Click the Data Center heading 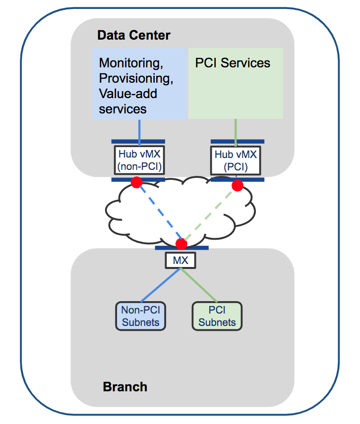[133, 35]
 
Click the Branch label [125, 386]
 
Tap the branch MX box [180, 260]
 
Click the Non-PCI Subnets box [140, 316]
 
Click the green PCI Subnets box [217, 316]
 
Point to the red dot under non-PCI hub [136, 183]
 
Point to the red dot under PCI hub [238, 186]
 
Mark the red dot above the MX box [181, 244]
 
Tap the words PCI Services [233, 63]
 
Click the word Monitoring [131, 63]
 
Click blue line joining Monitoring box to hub [139, 129]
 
